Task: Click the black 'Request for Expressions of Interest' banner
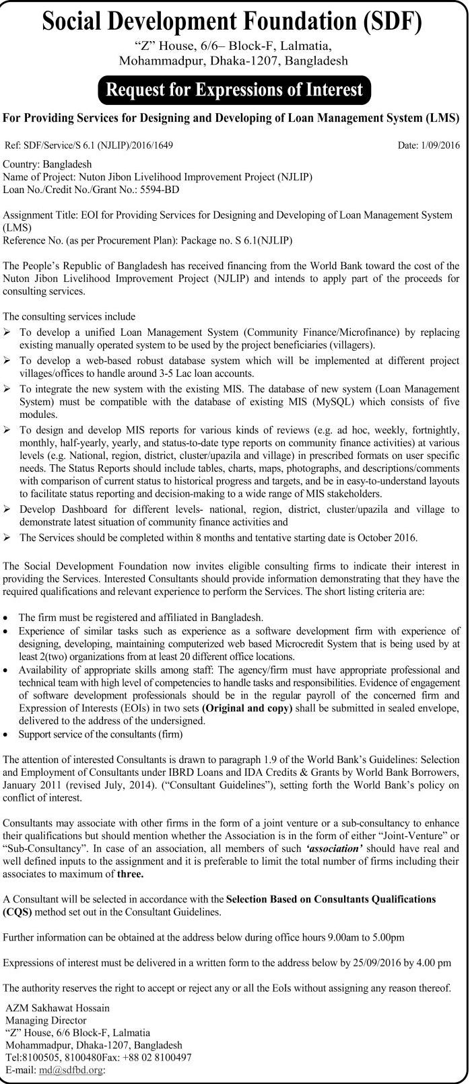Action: (235, 89)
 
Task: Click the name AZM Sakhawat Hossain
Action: (57, 1008)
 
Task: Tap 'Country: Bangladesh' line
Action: (48, 164)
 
